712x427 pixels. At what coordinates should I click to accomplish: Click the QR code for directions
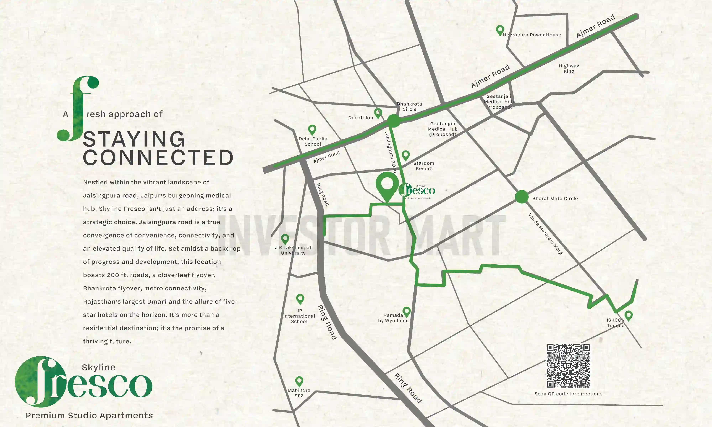click(x=568, y=365)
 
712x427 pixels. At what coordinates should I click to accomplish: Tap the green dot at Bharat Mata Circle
click(x=522, y=197)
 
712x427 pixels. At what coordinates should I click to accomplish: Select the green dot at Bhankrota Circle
click(x=393, y=121)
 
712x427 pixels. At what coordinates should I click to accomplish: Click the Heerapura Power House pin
click(x=500, y=30)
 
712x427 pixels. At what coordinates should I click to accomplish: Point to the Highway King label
click(x=569, y=68)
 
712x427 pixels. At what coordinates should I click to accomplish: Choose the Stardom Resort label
click(x=424, y=166)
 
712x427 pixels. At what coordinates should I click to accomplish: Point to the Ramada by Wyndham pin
click(x=406, y=311)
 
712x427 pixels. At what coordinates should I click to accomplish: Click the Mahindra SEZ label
click(x=299, y=393)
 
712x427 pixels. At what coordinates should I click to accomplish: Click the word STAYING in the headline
click(x=134, y=139)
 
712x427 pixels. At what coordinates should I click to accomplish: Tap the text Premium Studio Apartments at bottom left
click(x=89, y=415)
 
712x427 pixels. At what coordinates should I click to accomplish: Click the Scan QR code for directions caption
click(x=568, y=394)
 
